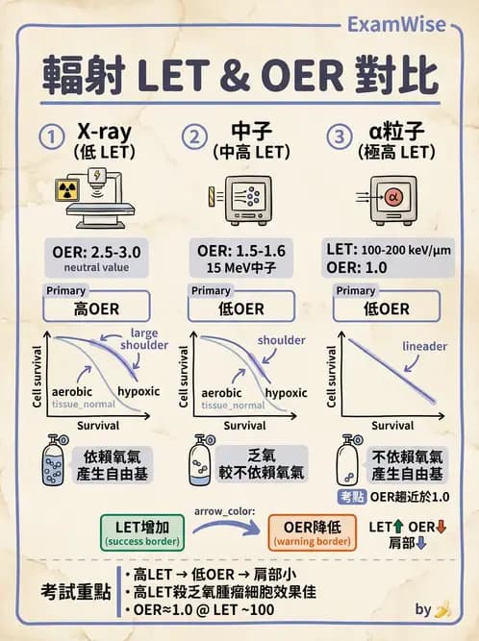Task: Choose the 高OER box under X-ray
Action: (95, 308)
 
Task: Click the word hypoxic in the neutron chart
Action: (286, 392)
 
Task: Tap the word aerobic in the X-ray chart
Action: (72, 392)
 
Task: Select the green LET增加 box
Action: (143, 533)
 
